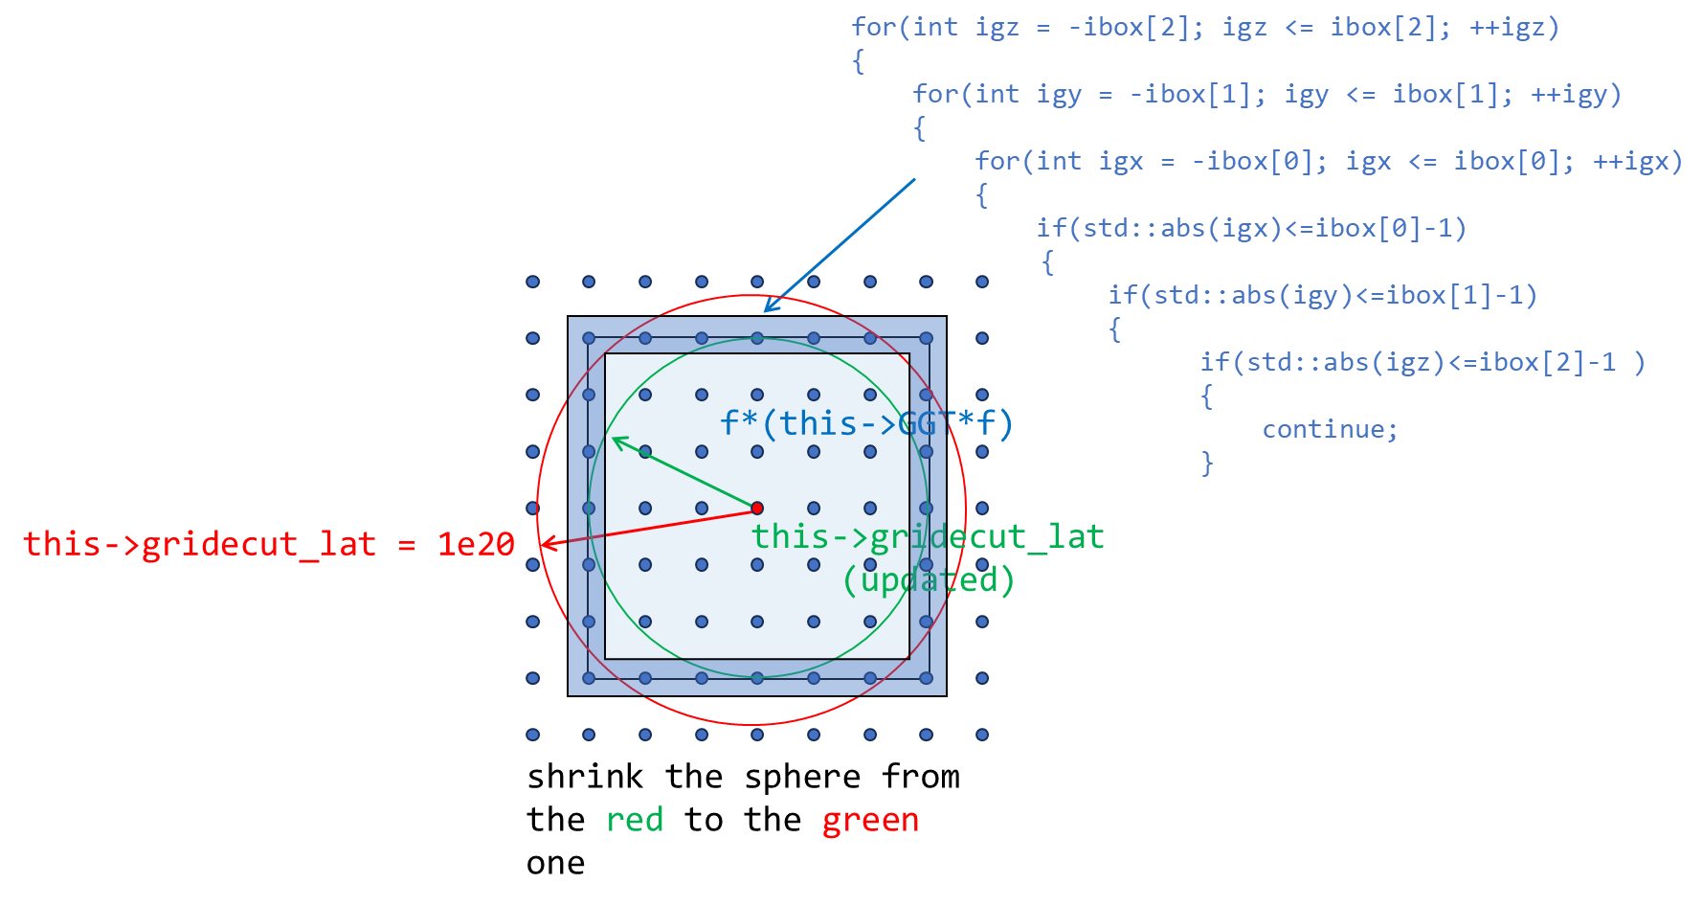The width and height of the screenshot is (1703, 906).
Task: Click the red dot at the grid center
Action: (x=757, y=508)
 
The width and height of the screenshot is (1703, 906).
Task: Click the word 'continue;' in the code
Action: (x=1330, y=429)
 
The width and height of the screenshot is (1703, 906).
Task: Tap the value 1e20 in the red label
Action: (x=476, y=544)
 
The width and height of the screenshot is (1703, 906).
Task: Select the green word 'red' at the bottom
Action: (x=635, y=820)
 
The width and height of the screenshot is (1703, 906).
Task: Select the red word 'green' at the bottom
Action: (x=870, y=820)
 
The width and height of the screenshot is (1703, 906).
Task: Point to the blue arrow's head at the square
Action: (x=768, y=308)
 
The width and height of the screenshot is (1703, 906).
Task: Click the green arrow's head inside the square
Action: (x=616, y=441)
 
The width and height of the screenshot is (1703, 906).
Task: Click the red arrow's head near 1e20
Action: (x=545, y=545)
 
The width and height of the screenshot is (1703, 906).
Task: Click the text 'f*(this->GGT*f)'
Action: (x=865, y=422)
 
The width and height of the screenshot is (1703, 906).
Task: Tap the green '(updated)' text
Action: (x=928, y=579)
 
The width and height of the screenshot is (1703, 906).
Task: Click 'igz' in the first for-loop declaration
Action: (x=997, y=28)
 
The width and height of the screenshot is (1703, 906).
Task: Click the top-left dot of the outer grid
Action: (x=532, y=282)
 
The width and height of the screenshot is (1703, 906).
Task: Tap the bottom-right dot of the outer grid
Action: (x=982, y=735)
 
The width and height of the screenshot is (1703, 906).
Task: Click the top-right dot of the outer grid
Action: (x=982, y=282)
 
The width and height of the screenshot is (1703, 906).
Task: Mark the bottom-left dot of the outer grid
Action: (x=532, y=735)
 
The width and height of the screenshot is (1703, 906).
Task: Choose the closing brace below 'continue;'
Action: (x=1207, y=464)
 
